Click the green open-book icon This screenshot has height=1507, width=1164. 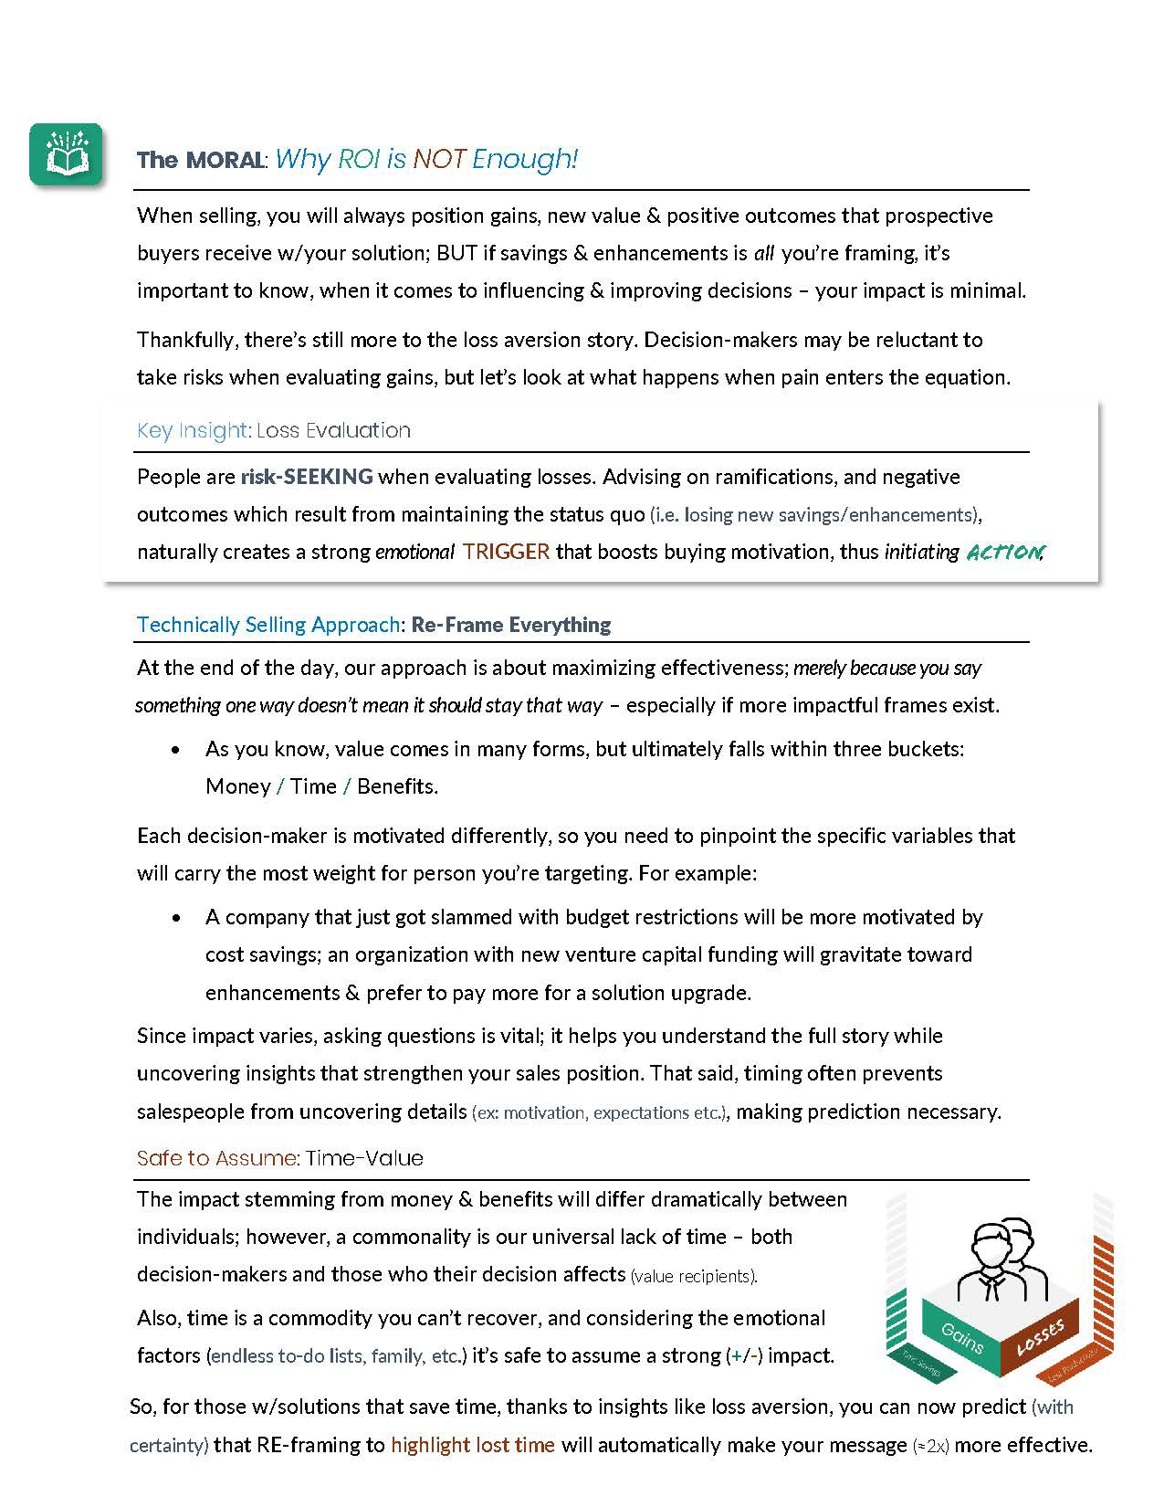coord(65,155)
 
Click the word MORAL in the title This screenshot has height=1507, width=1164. coord(225,161)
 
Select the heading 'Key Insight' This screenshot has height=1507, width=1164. coord(192,431)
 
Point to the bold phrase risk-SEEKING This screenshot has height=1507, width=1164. coord(307,477)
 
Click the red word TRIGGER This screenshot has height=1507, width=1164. coord(507,552)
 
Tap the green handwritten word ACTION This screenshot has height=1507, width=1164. coord(1002,553)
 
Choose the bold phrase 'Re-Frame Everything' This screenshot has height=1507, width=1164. coord(511,625)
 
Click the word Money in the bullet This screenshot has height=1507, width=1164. coord(237,786)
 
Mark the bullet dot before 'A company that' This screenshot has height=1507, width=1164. coord(176,918)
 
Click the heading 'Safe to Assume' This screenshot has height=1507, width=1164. coord(216,1159)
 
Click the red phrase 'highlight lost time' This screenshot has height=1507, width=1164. coord(473,1445)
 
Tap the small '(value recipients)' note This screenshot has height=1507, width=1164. coord(694,1276)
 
